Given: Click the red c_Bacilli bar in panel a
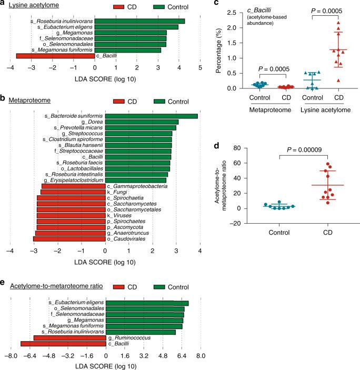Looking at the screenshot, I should click(55, 55).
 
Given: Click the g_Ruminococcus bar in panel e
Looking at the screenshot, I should click(69, 337).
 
